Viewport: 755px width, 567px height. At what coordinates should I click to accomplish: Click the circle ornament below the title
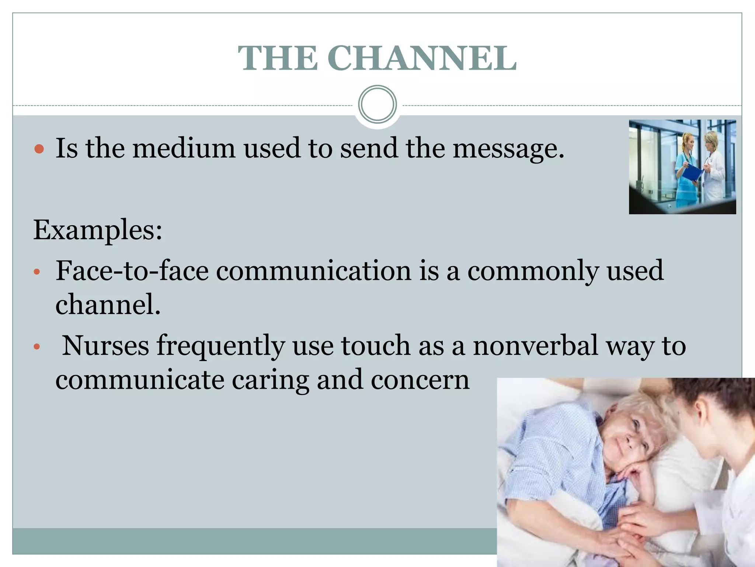pos(377,104)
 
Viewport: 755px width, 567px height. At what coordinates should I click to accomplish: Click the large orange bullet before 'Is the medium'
pos(39,149)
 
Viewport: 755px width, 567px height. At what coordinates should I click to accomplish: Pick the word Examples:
pos(98,230)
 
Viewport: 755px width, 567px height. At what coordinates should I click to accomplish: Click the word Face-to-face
pos(132,271)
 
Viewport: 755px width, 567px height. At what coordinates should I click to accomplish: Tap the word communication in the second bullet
pos(313,271)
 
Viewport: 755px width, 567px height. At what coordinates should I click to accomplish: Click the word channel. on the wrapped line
pos(108,305)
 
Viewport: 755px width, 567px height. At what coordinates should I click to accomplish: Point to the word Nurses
pos(105,346)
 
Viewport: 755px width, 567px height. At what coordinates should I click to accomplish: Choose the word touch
pos(376,346)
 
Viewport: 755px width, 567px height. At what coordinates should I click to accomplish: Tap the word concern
pos(420,380)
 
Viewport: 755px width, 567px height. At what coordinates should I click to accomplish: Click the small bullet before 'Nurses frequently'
pos(36,347)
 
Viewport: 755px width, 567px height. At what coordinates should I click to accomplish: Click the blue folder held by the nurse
pos(692,173)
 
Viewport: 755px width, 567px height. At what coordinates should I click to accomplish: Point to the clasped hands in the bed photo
pos(638,524)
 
